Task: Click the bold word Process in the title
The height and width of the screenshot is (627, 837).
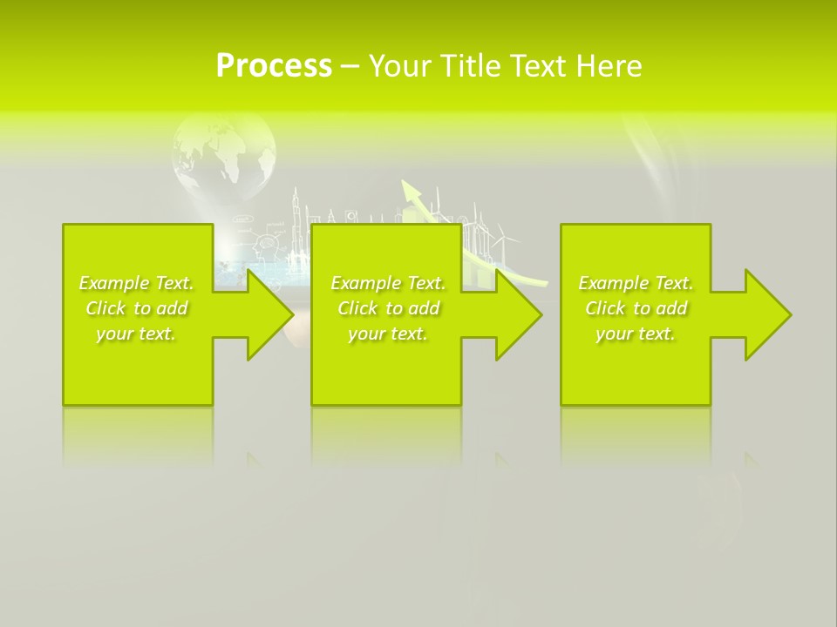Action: coord(274,66)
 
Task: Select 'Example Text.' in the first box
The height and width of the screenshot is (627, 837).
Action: coord(136,283)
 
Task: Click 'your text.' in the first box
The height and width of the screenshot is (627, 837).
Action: coord(136,334)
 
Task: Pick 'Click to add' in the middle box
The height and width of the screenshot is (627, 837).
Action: coord(388,308)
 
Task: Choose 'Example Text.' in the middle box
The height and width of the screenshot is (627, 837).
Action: coord(388,283)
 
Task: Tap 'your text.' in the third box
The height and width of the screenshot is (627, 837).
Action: coord(636,334)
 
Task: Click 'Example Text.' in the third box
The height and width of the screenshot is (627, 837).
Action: coord(636,283)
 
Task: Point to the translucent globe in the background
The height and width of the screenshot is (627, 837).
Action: coord(224,157)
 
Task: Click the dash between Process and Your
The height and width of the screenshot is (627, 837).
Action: coord(350,66)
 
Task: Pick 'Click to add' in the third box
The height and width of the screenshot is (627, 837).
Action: coord(636,308)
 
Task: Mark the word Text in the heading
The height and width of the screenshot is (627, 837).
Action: coord(540,66)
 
